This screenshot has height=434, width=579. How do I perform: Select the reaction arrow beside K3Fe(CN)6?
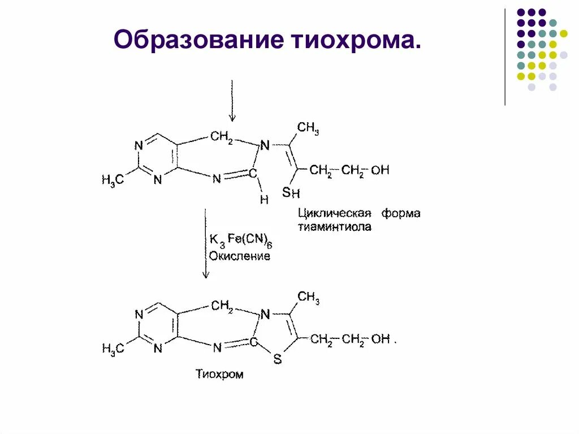click(205, 243)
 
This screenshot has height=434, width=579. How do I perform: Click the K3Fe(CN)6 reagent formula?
click(241, 240)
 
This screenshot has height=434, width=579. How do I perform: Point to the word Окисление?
click(240, 256)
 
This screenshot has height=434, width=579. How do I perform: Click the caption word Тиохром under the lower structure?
click(219, 374)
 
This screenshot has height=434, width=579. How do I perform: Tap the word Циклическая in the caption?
click(334, 214)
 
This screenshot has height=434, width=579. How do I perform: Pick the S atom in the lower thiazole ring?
click(277, 359)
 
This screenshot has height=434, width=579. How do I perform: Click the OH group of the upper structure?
click(381, 169)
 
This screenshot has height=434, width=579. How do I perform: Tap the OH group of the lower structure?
click(381, 339)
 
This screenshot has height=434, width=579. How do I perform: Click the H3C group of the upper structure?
click(113, 180)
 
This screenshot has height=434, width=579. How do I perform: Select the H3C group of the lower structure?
click(113, 349)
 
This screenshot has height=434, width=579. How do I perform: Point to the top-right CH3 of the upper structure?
click(308, 128)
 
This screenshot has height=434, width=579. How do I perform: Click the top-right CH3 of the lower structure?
click(308, 297)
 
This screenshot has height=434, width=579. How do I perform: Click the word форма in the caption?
click(400, 214)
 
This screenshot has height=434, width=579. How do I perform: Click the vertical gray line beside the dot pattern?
click(505, 57)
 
